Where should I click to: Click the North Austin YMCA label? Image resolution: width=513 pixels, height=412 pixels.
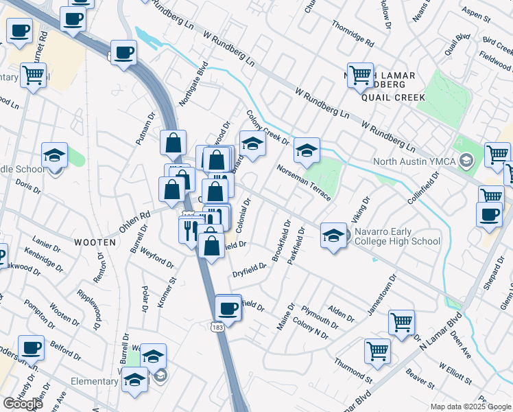click(x=415, y=162)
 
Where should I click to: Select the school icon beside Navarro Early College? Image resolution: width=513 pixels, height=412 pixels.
click(x=333, y=237)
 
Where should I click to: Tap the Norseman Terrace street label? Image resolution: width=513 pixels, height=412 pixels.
click(x=305, y=183)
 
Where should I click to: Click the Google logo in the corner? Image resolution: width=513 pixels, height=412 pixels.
click(x=23, y=404)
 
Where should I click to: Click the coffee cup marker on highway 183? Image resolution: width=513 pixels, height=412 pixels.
click(x=228, y=308)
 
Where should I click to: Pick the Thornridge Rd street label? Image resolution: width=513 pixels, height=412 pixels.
click(x=352, y=33)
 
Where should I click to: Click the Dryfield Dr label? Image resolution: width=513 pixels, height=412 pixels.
click(x=248, y=270)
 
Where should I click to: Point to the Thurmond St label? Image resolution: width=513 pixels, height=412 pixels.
click(x=353, y=371)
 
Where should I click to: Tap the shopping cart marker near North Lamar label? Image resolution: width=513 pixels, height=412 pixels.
click(x=360, y=77)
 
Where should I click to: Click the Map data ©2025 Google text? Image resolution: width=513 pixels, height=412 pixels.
click(x=470, y=407)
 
